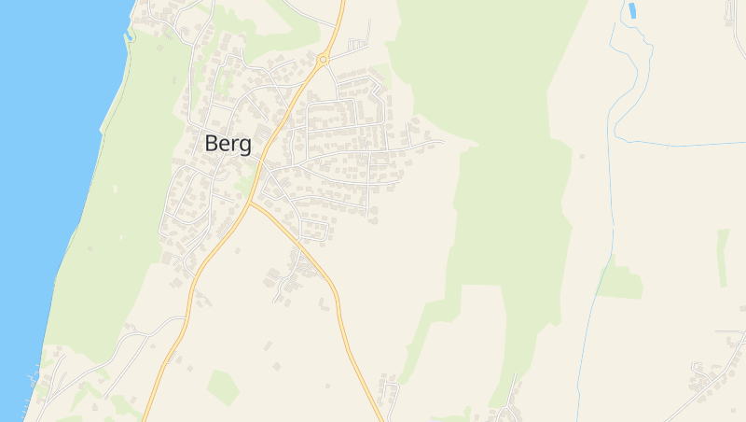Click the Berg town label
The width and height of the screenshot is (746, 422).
pos(228,144)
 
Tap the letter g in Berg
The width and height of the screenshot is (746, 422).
pos(245,147)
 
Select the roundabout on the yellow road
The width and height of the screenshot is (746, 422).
pos(323,60)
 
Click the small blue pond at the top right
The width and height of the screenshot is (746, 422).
pos(632,10)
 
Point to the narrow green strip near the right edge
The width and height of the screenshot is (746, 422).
pos(723,257)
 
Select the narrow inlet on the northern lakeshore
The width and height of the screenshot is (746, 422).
pos(130,35)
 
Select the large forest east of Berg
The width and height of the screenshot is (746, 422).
pos(494,187)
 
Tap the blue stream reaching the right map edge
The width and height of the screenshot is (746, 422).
pos(690,144)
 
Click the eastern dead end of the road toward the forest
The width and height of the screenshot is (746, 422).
pos(443,142)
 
